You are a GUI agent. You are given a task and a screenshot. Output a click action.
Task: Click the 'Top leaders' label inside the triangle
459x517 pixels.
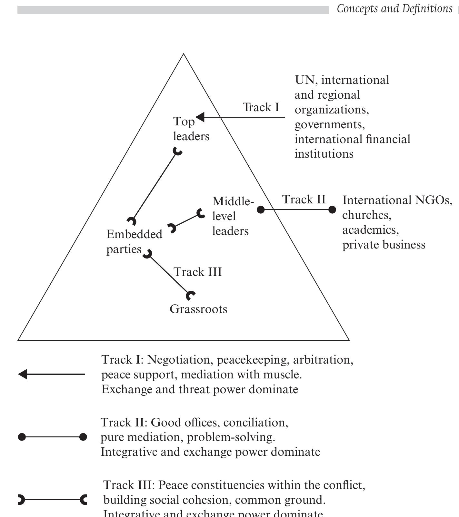coord(191,129)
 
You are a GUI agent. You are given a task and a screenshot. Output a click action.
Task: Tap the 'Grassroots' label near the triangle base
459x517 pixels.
coord(198,309)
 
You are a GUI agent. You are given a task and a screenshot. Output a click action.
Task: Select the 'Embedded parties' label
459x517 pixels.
coord(134,242)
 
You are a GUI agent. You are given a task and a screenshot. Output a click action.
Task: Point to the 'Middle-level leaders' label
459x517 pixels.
coord(232,216)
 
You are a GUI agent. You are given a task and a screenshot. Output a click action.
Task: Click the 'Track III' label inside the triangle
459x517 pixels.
coord(198,272)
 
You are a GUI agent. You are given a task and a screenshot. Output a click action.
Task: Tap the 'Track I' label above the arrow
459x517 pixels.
coord(261,107)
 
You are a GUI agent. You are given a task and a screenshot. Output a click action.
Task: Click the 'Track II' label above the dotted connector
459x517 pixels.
coord(304,200)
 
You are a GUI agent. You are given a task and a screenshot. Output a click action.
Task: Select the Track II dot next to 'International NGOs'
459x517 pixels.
coord(332,210)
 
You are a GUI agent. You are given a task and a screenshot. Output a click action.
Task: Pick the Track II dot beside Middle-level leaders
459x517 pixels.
coord(261,210)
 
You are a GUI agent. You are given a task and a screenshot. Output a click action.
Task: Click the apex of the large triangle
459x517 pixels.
coord(184,54)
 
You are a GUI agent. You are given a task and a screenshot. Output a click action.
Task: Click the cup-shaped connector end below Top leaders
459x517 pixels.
coord(177,151)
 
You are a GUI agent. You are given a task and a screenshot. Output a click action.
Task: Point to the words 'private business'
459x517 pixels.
coord(384,245)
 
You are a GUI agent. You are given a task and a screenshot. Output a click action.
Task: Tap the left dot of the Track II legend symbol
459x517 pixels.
coord(22,437)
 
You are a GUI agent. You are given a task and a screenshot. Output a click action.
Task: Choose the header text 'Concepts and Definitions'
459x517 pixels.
coord(394,9)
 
